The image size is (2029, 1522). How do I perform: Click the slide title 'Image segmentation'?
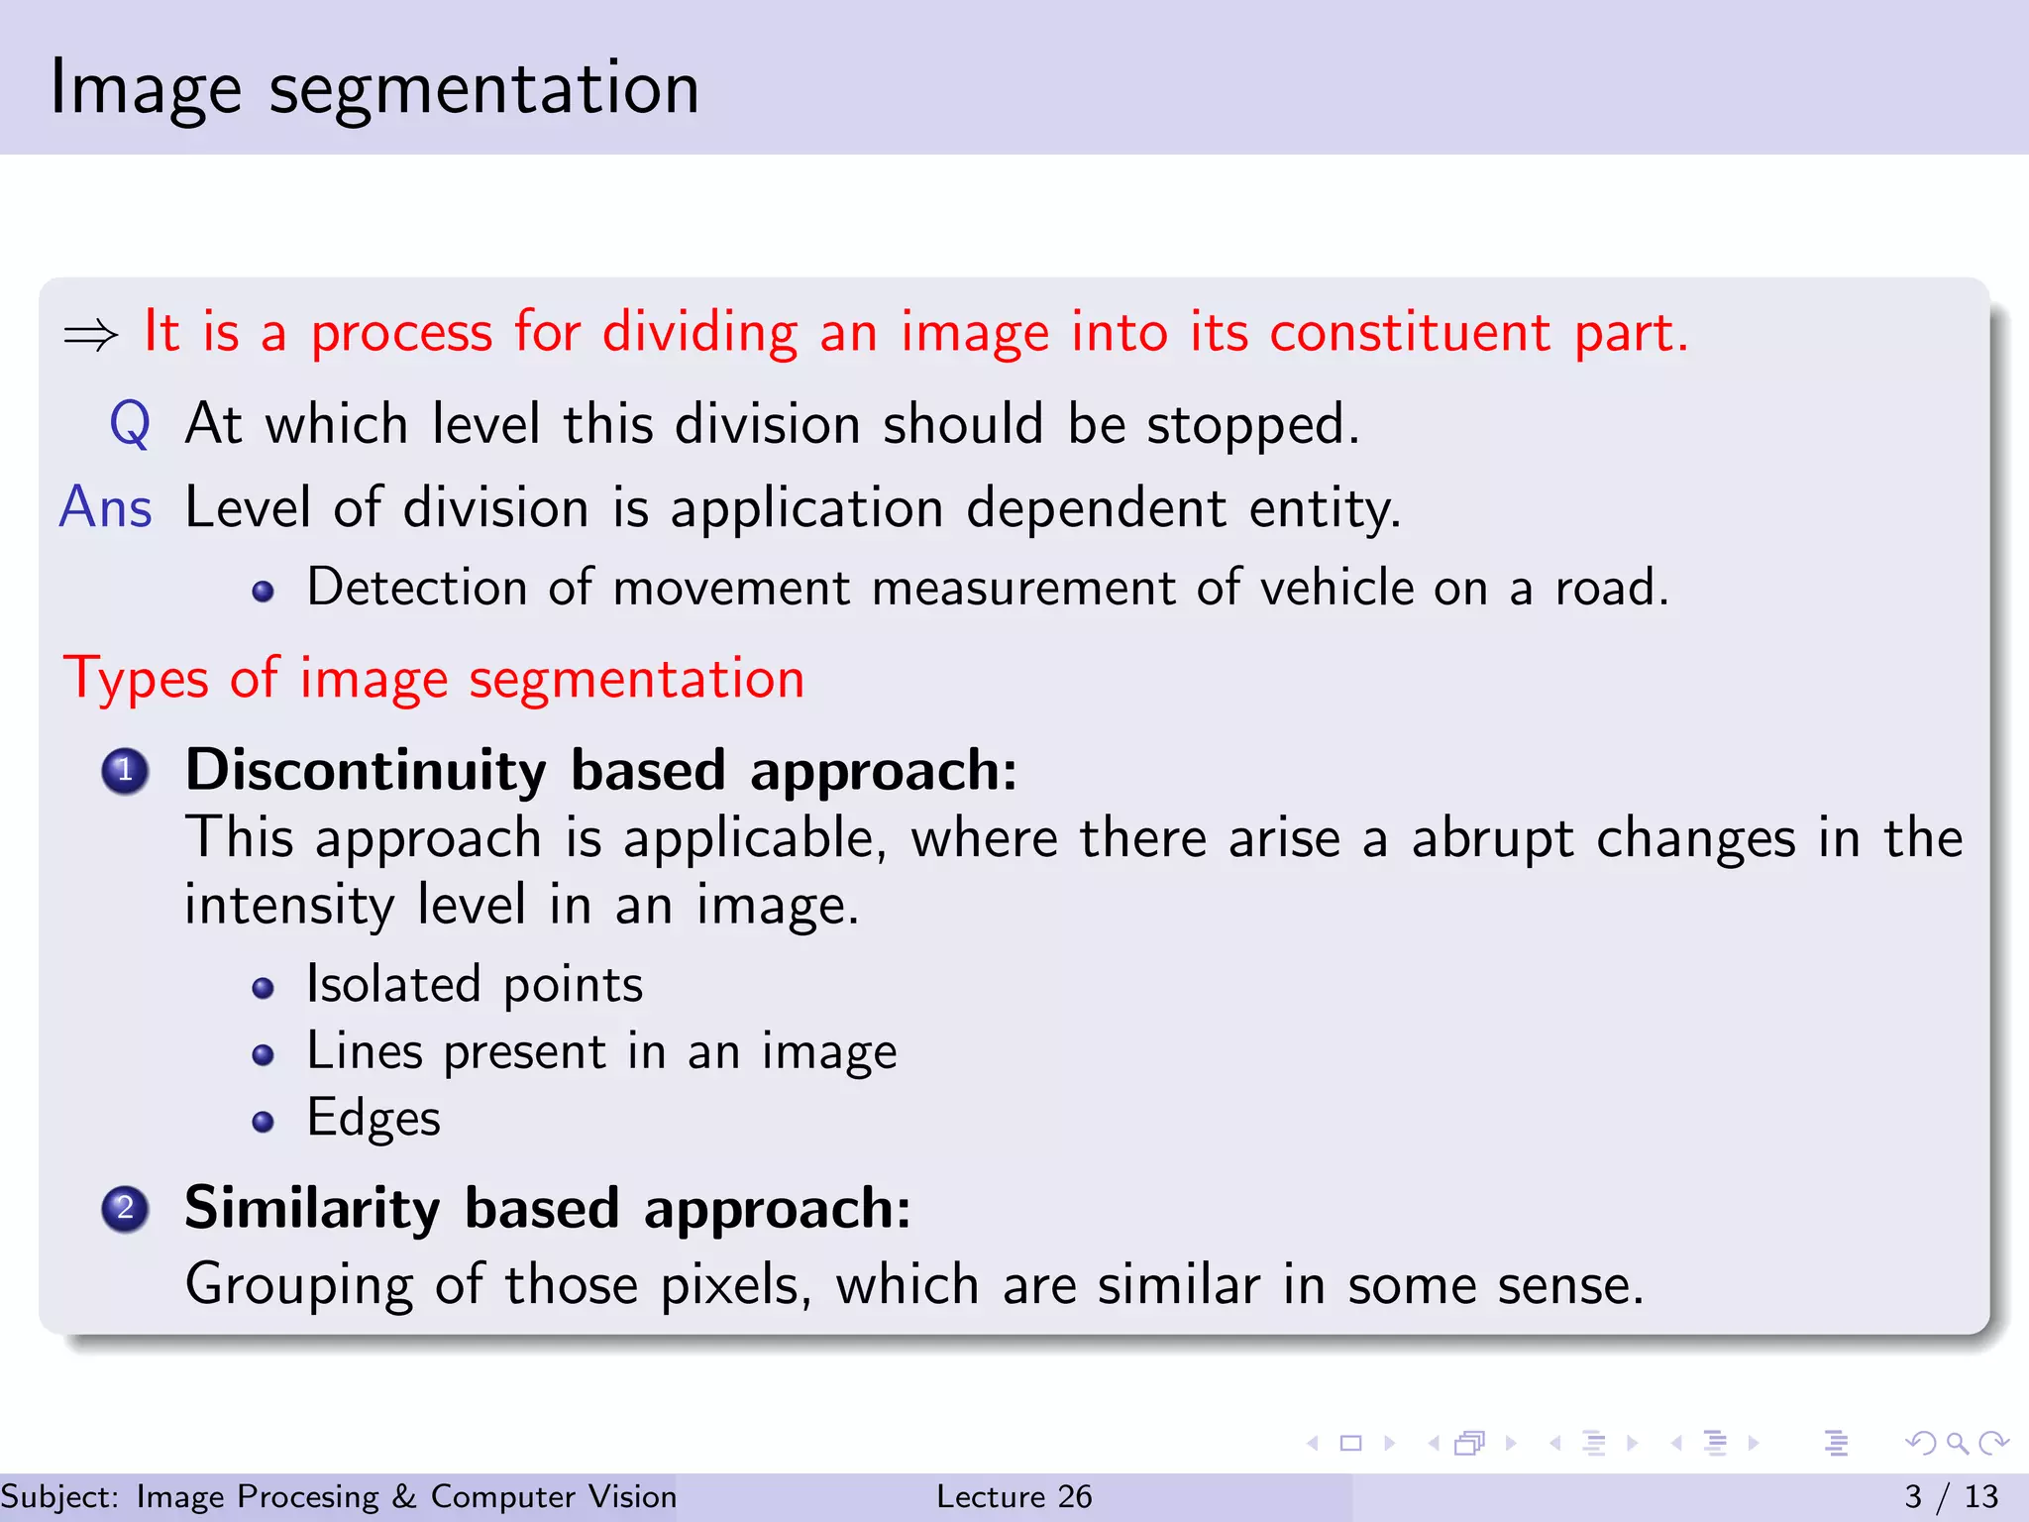[374, 89]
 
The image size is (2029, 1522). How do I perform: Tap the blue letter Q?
[130, 424]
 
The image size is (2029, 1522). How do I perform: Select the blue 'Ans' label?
[106, 507]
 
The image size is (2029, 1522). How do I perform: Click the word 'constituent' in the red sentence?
[1410, 332]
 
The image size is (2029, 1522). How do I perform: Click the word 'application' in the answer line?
[806, 509]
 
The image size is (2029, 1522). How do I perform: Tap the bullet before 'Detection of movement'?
[263, 593]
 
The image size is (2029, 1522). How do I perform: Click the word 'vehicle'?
[1335, 588]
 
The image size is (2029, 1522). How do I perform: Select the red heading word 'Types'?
[136, 681]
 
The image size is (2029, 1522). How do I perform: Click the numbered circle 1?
[126, 771]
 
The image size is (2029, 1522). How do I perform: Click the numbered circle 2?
[126, 1209]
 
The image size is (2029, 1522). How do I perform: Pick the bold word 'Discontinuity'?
[366, 771]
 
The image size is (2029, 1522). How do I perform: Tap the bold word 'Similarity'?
[312, 1209]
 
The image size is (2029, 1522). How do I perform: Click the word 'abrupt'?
[1492, 840]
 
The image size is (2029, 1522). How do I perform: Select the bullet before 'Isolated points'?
[263, 988]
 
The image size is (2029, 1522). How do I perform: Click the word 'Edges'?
[374, 1119]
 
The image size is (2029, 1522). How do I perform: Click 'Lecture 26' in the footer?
[1014, 1496]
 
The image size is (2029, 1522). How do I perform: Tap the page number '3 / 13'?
[1951, 1496]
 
